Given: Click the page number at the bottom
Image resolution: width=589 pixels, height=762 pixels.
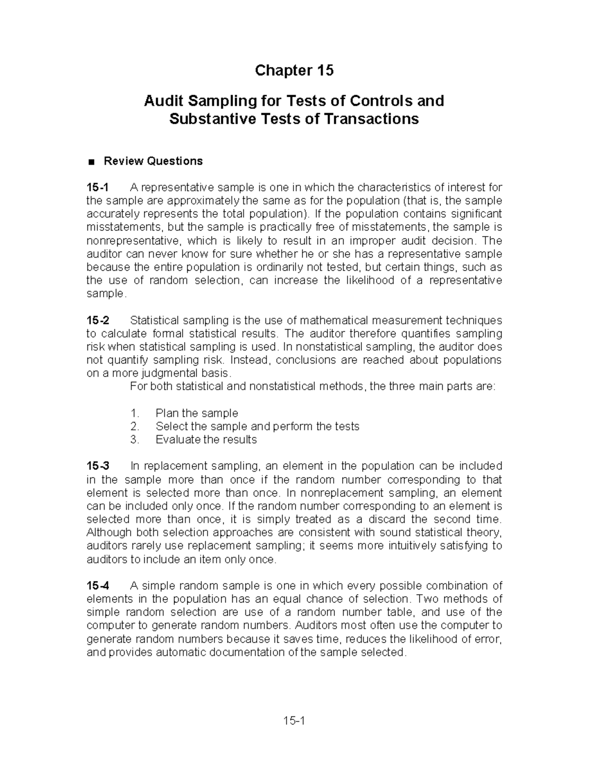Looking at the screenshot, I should click(294, 721).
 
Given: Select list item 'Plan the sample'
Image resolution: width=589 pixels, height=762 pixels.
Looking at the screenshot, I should click(197, 413).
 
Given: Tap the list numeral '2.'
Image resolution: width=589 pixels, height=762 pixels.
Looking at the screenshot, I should click(135, 426).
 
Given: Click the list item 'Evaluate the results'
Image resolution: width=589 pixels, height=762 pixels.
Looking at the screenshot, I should click(206, 440).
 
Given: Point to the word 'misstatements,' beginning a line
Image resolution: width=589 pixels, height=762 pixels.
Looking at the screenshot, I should click(125, 227).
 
